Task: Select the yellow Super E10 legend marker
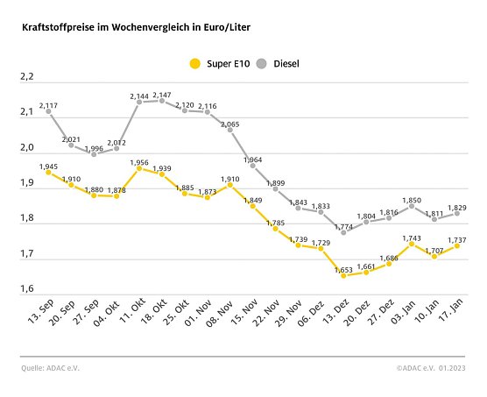coord(194,63)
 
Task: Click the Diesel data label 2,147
coord(163,94)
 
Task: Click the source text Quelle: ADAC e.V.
coord(52,368)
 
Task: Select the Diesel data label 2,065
coord(229,124)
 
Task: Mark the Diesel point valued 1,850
coord(412,205)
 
